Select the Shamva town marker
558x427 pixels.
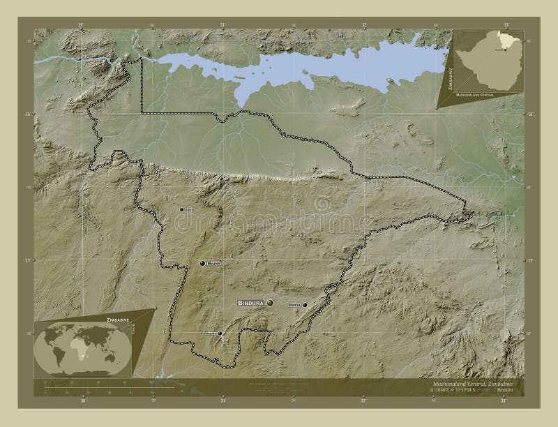[305, 305]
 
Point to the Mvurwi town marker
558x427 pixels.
[202, 263]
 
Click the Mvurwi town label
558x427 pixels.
[212, 264]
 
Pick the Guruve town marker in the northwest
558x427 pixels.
[181, 209]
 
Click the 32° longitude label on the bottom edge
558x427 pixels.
[363, 401]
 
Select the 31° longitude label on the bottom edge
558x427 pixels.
[223, 401]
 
